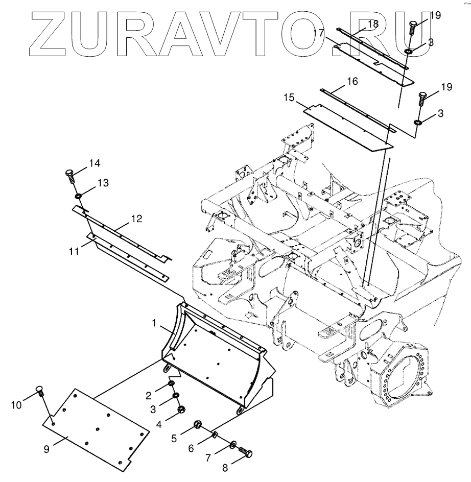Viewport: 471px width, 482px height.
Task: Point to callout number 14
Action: tap(93, 163)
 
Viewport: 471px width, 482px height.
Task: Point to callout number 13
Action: tap(103, 183)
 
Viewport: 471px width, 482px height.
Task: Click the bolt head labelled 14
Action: tap(71, 175)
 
